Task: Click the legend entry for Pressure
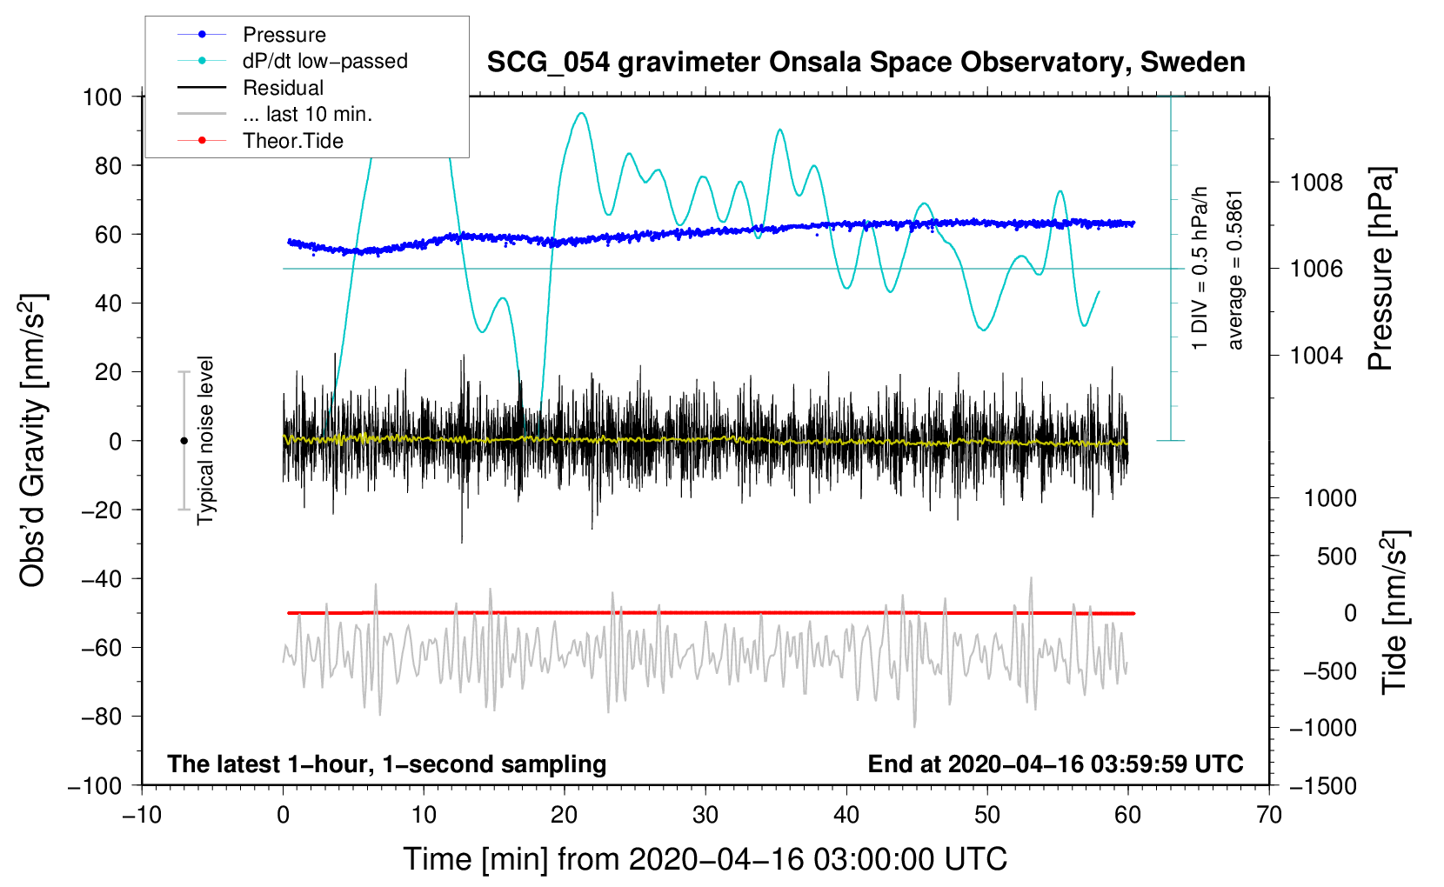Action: (x=284, y=35)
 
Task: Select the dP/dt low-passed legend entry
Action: (x=324, y=61)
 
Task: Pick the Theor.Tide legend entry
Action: (x=292, y=141)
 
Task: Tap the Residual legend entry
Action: (x=283, y=88)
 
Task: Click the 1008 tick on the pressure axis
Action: (x=1316, y=183)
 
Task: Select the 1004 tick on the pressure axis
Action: (x=1316, y=355)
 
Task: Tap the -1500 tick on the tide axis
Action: (x=1322, y=785)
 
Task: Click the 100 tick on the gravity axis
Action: (x=102, y=97)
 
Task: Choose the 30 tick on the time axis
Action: (x=705, y=815)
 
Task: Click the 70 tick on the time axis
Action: (x=1269, y=815)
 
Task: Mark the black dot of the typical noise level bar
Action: (x=184, y=441)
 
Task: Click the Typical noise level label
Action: (x=205, y=440)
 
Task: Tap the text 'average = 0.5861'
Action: (x=1235, y=270)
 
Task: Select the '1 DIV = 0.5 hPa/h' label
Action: (x=1200, y=268)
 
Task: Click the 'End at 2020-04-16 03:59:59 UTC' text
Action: (x=1055, y=764)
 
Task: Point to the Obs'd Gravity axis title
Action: (x=32, y=440)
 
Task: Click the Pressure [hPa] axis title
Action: (x=1380, y=270)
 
